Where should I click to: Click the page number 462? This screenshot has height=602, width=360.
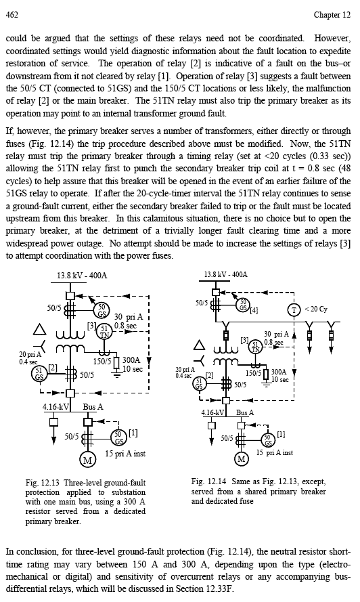pos(12,15)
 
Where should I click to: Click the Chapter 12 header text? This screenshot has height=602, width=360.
pos(332,15)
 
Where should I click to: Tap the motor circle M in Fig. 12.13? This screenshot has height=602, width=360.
pos(87,460)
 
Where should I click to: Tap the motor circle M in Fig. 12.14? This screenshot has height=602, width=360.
pos(242,458)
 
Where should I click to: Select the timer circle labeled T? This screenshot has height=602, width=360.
pos(294,309)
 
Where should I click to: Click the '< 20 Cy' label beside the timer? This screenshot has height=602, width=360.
pos(316,309)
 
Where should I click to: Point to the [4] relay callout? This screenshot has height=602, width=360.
pos(254,310)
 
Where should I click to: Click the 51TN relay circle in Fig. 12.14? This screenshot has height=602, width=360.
pos(255,345)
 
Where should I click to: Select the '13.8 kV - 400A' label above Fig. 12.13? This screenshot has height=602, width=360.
pos(82,276)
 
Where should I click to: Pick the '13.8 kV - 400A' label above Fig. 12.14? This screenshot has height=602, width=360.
pos(225,274)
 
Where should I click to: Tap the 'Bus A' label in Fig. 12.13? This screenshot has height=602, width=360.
pos(93,406)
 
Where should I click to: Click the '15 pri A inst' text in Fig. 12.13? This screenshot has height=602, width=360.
pos(125,454)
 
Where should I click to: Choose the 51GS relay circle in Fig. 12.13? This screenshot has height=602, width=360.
pos(39,373)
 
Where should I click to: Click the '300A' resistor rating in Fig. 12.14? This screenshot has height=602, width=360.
pos(279,372)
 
